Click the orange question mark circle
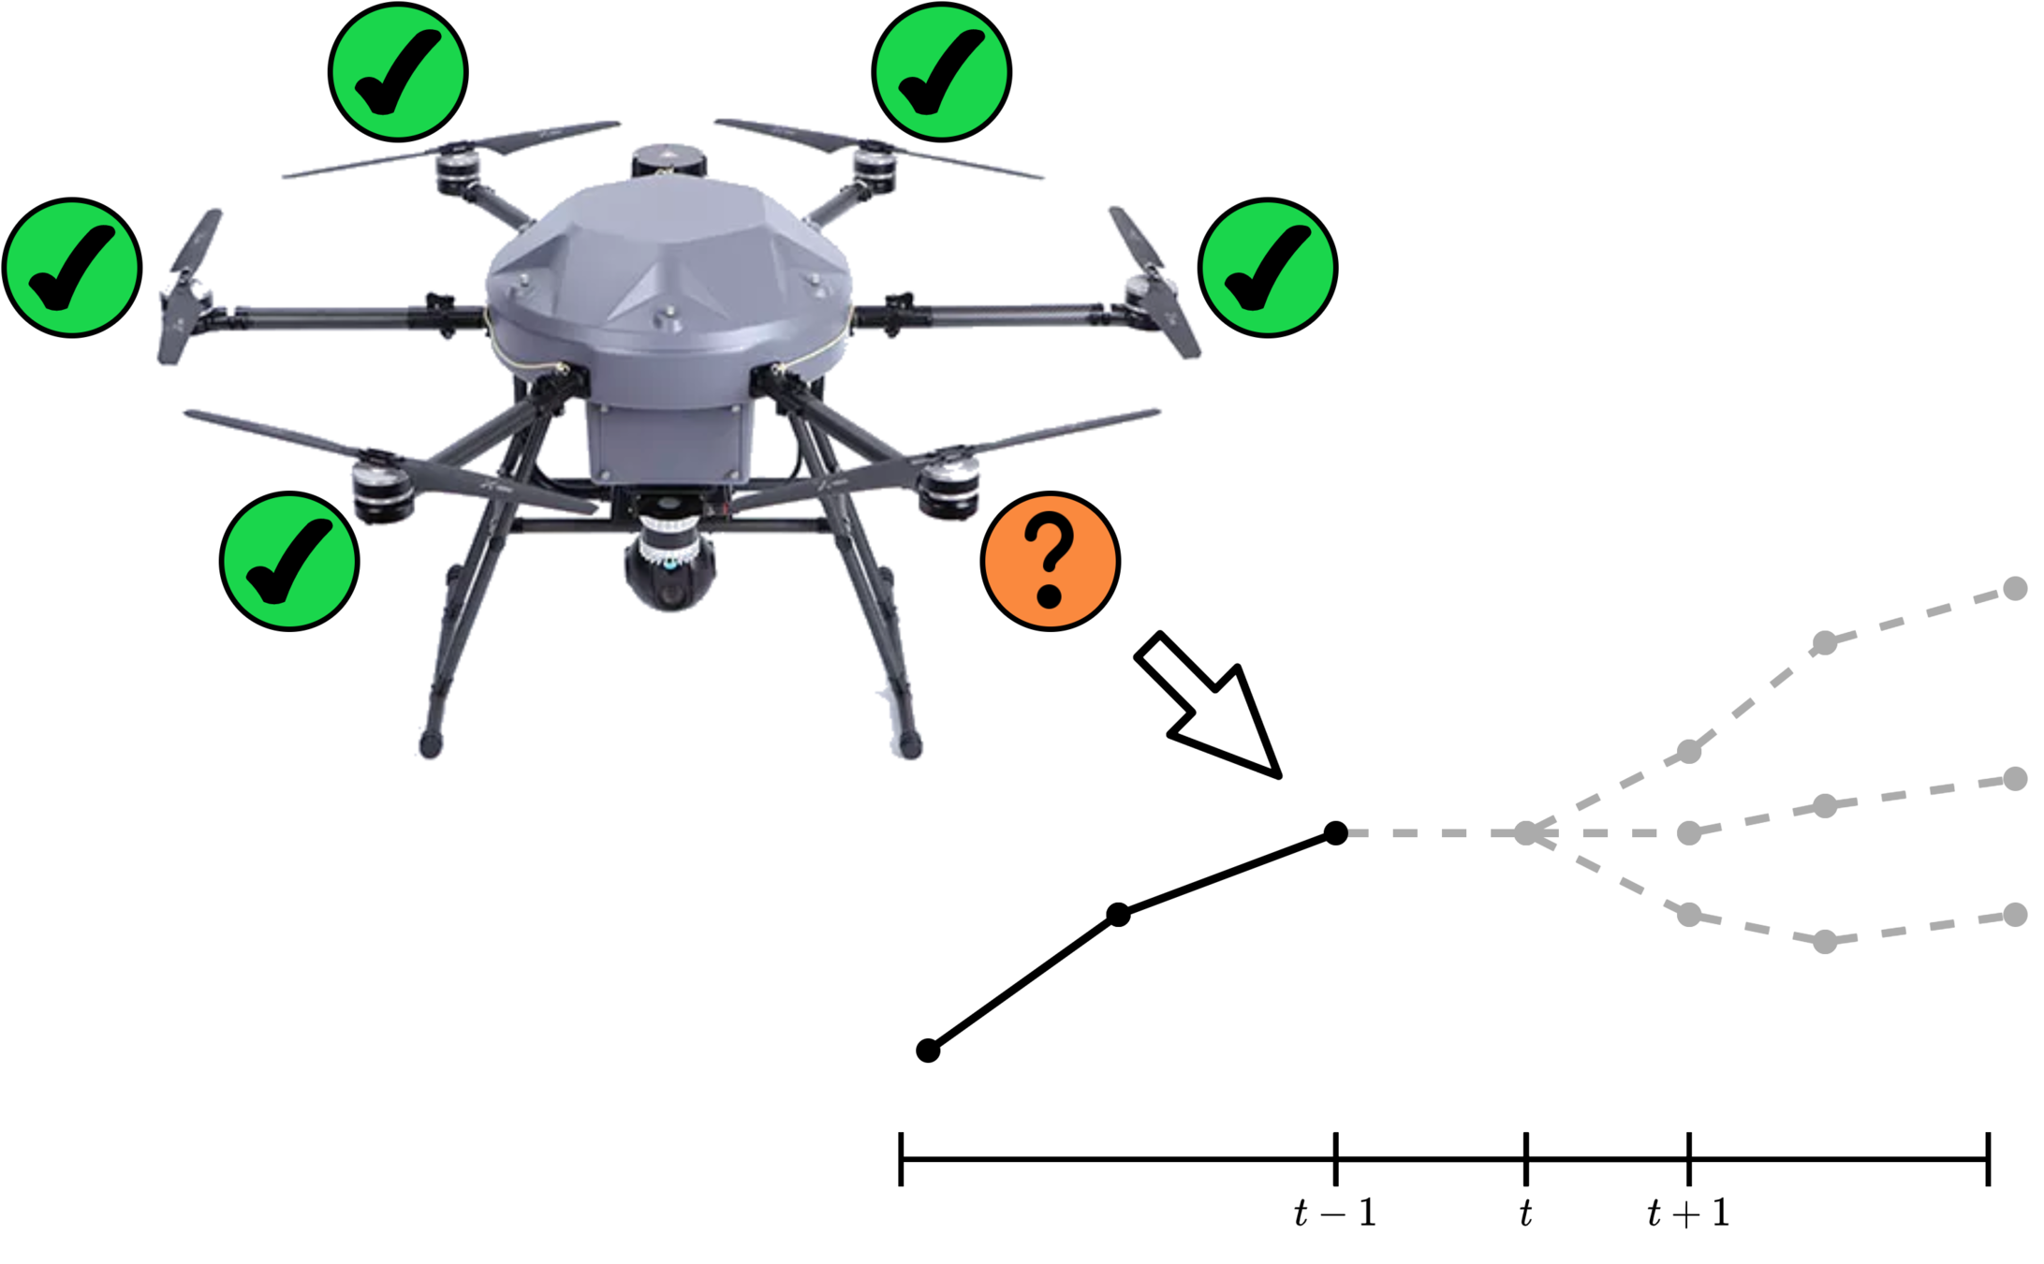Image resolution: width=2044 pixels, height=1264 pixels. tap(1050, 561)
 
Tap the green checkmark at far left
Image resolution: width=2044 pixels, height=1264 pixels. tap(72, 268)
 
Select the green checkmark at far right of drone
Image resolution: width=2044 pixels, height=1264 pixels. tap(1268, 268)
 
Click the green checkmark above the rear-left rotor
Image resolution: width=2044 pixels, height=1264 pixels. tap(398, 72)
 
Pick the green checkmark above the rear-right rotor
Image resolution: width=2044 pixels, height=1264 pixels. tap(941, 72)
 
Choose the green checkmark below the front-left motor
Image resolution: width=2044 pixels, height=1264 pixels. tap(289, 561)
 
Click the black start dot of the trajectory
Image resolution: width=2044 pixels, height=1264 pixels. tap(1335, 832)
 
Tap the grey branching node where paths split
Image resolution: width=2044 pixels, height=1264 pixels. tap(1526, 832)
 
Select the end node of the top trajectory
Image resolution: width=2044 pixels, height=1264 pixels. tap(2014, 588)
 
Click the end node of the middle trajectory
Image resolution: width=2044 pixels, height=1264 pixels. tap(2014, 779)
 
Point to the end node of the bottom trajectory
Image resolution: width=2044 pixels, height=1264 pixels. tap(2014, 915)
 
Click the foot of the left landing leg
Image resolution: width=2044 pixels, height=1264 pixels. tap(430, 747)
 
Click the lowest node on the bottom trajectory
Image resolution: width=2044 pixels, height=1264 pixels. tap(1825, 941)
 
